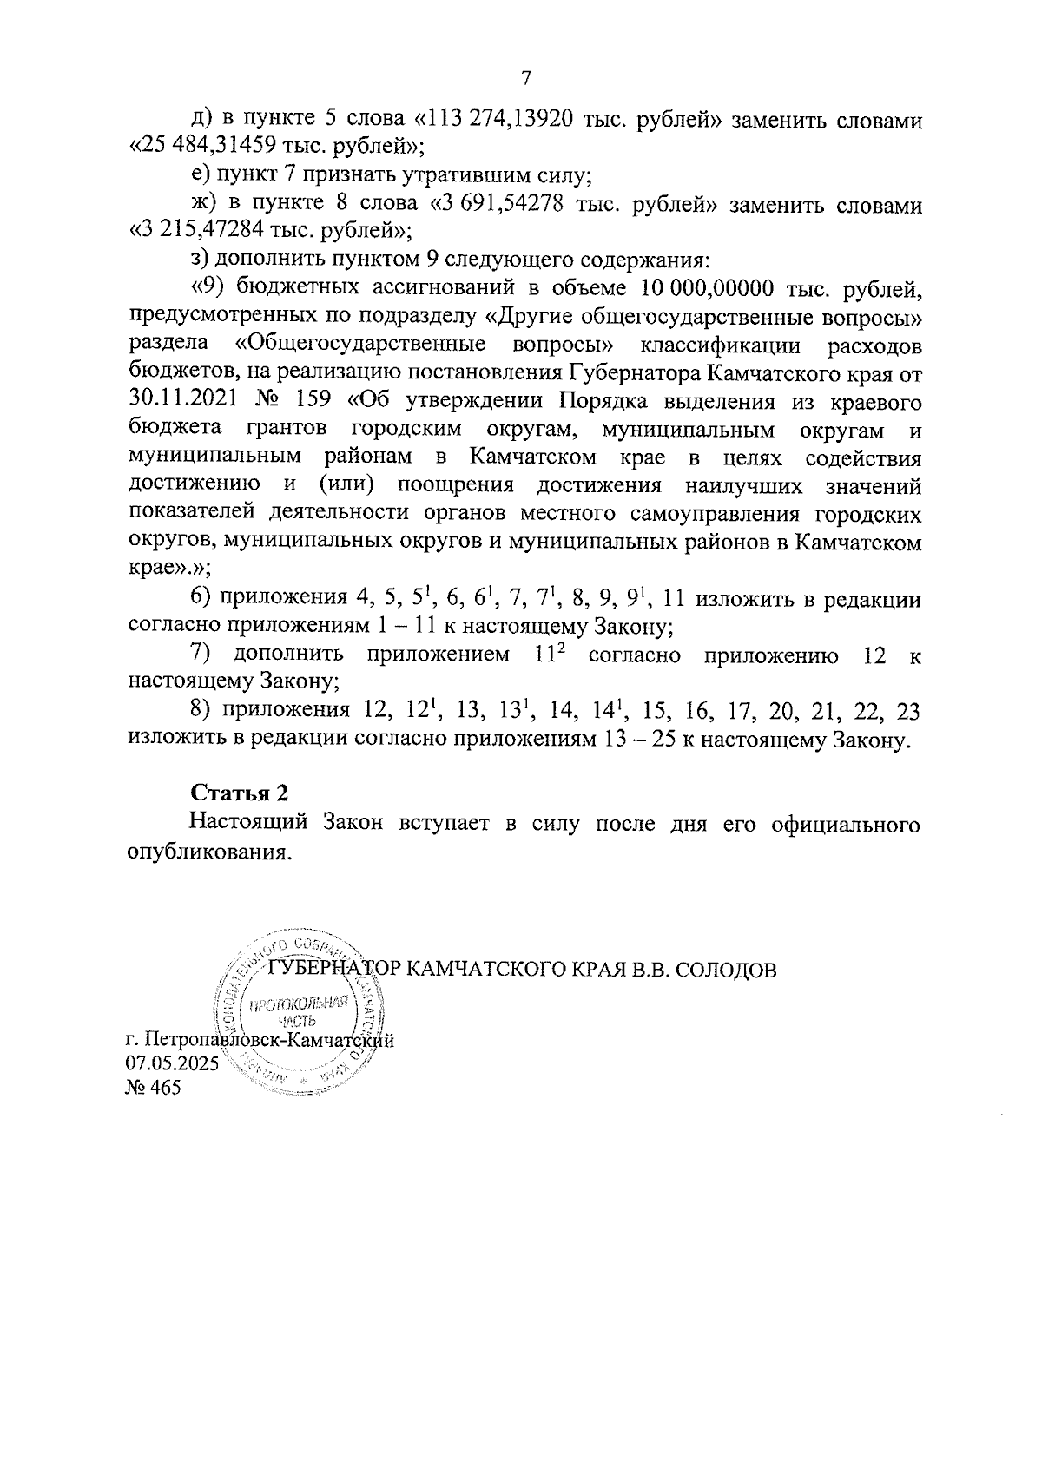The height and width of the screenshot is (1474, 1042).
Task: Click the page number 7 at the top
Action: click(x=524, y=78)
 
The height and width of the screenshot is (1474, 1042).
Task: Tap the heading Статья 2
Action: click(x=239, y=793)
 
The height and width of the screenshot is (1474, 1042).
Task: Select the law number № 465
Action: click(x=154, y=1088)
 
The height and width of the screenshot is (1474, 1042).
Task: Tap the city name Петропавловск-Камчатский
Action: click(x=270, y=1040)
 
